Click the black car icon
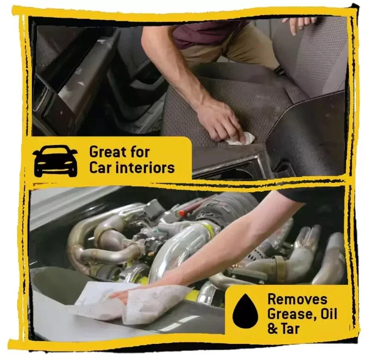coord(55,161)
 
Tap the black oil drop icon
coord(245,311)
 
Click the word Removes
coord(297,299)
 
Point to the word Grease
coord(291,314)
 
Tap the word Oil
coord(328,314)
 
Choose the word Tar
coord(290,329)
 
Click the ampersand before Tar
coord(272,329)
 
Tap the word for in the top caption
coord(140,152)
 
